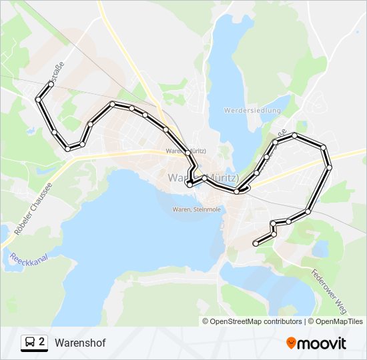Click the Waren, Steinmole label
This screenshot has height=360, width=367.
(197, 209)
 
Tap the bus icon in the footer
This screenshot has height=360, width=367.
(29, 343)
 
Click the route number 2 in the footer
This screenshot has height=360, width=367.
(42, 342)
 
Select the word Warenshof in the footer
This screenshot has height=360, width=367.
(80, 343)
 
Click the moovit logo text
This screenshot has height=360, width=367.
(322, 343)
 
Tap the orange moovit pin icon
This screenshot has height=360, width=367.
(292, 343)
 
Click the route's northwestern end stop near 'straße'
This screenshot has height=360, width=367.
(51, 85)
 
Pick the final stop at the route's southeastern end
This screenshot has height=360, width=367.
(255, 244)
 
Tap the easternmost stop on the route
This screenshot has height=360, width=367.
(329, 167)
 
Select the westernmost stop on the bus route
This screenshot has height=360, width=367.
(38, 99)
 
